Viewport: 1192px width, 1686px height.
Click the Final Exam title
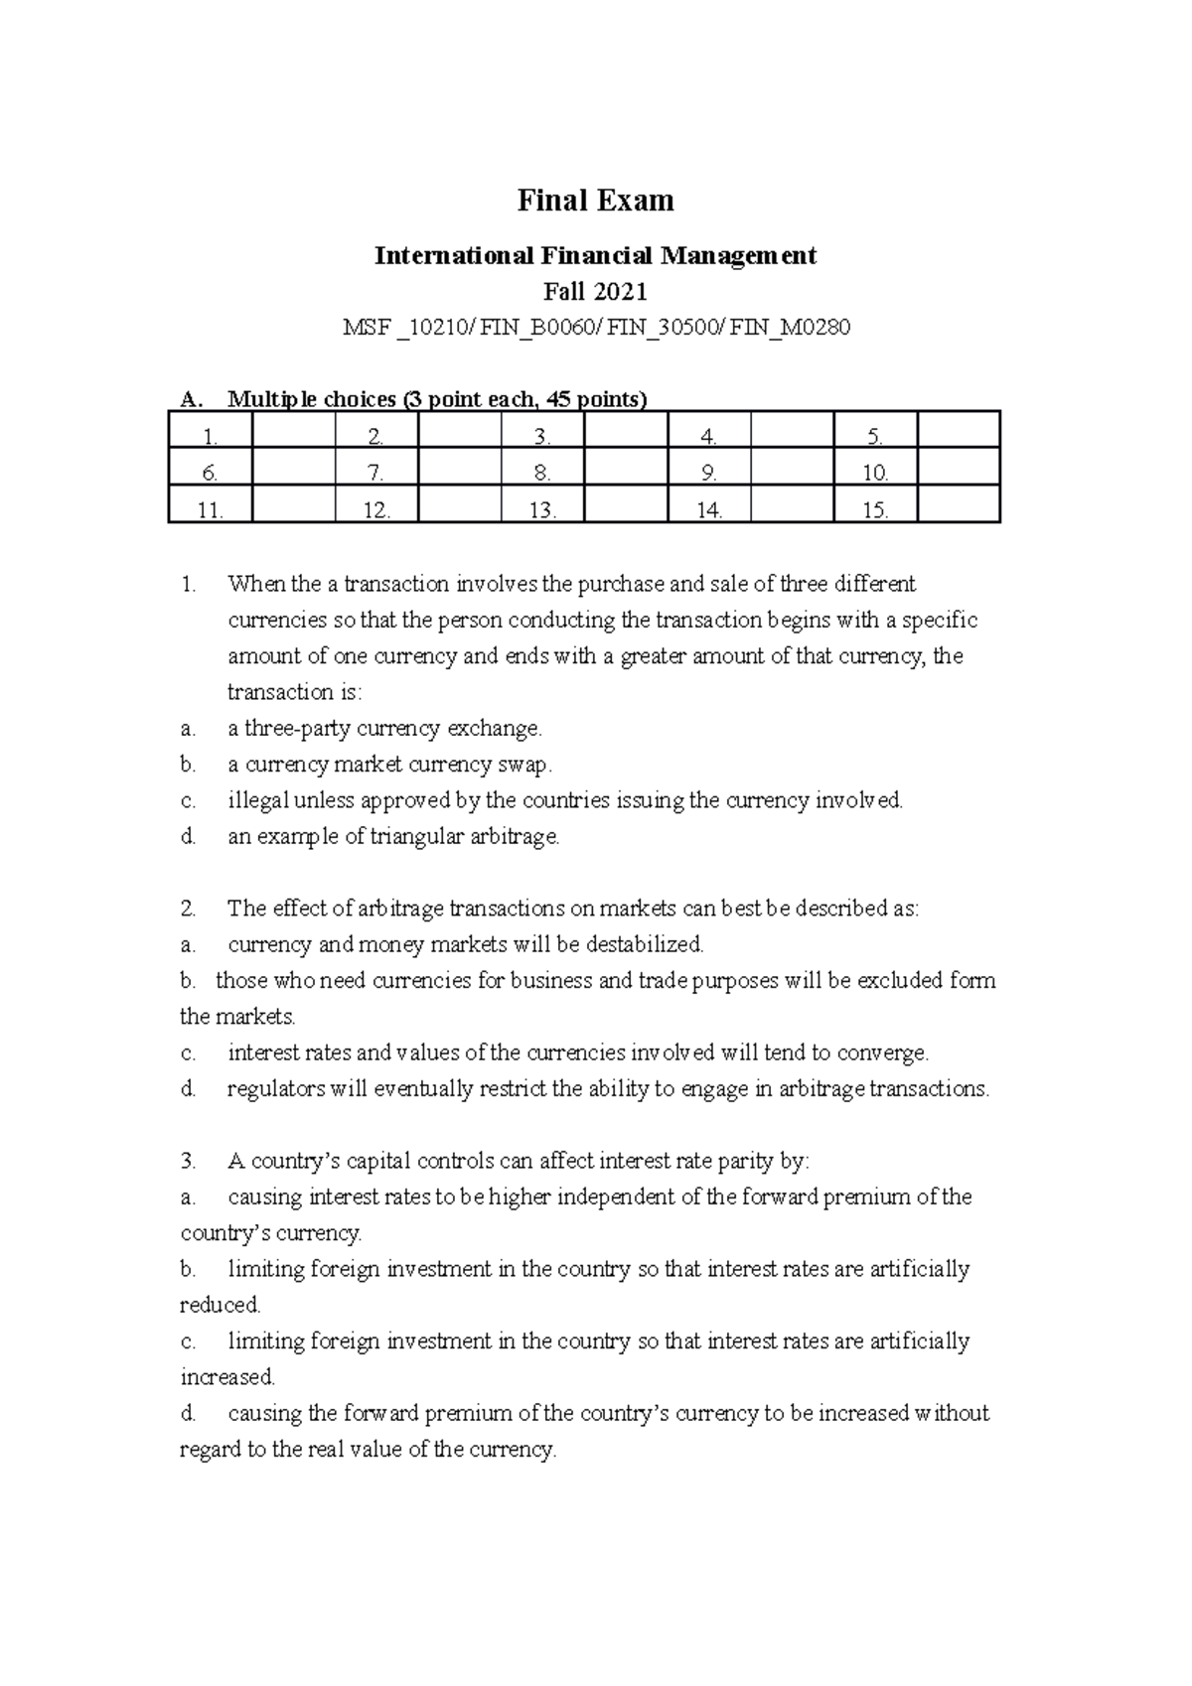click(595, 201)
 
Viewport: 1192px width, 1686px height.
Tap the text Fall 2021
click(595, 292)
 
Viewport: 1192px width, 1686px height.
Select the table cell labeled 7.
click(375, 474)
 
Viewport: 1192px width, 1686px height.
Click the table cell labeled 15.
click(874, 510)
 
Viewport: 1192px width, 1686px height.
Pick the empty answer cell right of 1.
click(293, 436)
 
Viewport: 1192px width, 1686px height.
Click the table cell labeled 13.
click(542, 510)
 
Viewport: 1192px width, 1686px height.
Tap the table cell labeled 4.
click(708, 436)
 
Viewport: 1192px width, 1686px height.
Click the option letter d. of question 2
click(189, 1089)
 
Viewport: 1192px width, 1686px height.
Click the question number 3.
click(189, 1161)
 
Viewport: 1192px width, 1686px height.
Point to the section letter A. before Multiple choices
click(191, 400)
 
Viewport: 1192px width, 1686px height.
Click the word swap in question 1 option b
click(523, 765)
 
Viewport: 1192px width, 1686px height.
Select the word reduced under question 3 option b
click(219, 1305)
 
